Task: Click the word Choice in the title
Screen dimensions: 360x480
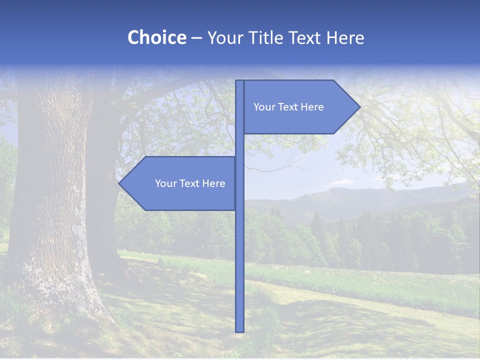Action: click(x=156, y=37)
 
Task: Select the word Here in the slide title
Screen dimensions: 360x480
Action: click(x=345, y=38)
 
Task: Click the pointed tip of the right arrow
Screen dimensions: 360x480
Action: click(x=359, y=106)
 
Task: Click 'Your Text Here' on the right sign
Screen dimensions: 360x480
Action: click(x=288, y=107)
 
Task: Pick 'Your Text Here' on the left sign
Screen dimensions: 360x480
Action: click(x=190, y=183)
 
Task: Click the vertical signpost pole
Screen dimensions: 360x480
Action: click(x=239, y=250)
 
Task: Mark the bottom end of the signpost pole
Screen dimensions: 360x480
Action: click(x=239, y=330)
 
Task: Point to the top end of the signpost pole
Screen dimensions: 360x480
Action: click(x=239, y=81)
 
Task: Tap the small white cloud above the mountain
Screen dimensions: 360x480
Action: click(x=342, y=181)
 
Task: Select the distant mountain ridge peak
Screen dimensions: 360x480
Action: click(x=345, y=190)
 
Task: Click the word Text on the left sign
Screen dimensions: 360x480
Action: click(x=190, y=183)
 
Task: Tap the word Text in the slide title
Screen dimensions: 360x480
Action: click(x=305, y=38)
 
